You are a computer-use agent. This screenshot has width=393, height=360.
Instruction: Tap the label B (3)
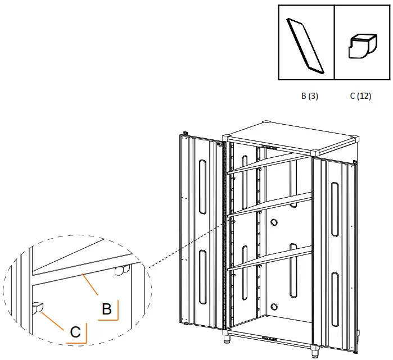(x=310, y=96)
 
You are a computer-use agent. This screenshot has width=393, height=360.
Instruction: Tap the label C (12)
(x=360, y=96)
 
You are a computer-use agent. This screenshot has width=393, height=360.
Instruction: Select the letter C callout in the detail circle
(x=75, y=332)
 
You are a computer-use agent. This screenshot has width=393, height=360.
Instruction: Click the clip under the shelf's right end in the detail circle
(x=120, y=271)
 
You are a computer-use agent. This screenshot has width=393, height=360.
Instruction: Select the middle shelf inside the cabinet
(x=270, y=204)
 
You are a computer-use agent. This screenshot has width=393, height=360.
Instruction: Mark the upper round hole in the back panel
(x=274, y=222)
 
